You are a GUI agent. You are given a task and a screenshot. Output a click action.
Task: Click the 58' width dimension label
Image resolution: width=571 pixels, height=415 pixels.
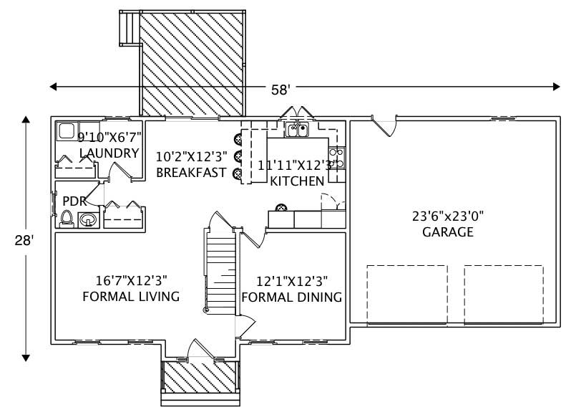280,90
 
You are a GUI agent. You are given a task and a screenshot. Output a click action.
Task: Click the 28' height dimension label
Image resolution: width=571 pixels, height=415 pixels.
24,242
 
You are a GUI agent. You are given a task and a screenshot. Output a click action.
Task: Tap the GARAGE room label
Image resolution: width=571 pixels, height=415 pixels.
447,232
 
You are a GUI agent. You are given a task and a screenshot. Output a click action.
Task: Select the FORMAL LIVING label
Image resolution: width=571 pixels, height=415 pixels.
131,297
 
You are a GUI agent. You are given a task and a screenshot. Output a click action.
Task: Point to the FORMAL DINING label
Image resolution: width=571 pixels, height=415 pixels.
291,297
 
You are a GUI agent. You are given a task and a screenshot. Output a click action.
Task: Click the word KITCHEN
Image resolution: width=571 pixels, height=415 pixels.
297,181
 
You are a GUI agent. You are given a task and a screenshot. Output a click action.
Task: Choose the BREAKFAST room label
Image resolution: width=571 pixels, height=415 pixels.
191,173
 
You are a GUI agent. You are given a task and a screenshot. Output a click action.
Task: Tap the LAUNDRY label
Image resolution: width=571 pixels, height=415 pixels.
109,153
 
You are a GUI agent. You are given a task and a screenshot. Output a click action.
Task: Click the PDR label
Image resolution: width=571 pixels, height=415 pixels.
75,201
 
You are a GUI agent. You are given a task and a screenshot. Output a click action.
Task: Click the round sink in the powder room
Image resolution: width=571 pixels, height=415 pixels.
89,219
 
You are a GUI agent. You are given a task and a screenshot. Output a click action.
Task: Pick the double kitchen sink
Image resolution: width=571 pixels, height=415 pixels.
297,130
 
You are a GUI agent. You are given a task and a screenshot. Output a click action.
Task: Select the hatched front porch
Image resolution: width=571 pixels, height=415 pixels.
200,378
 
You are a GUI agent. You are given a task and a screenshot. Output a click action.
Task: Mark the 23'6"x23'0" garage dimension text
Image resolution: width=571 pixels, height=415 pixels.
447,215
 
